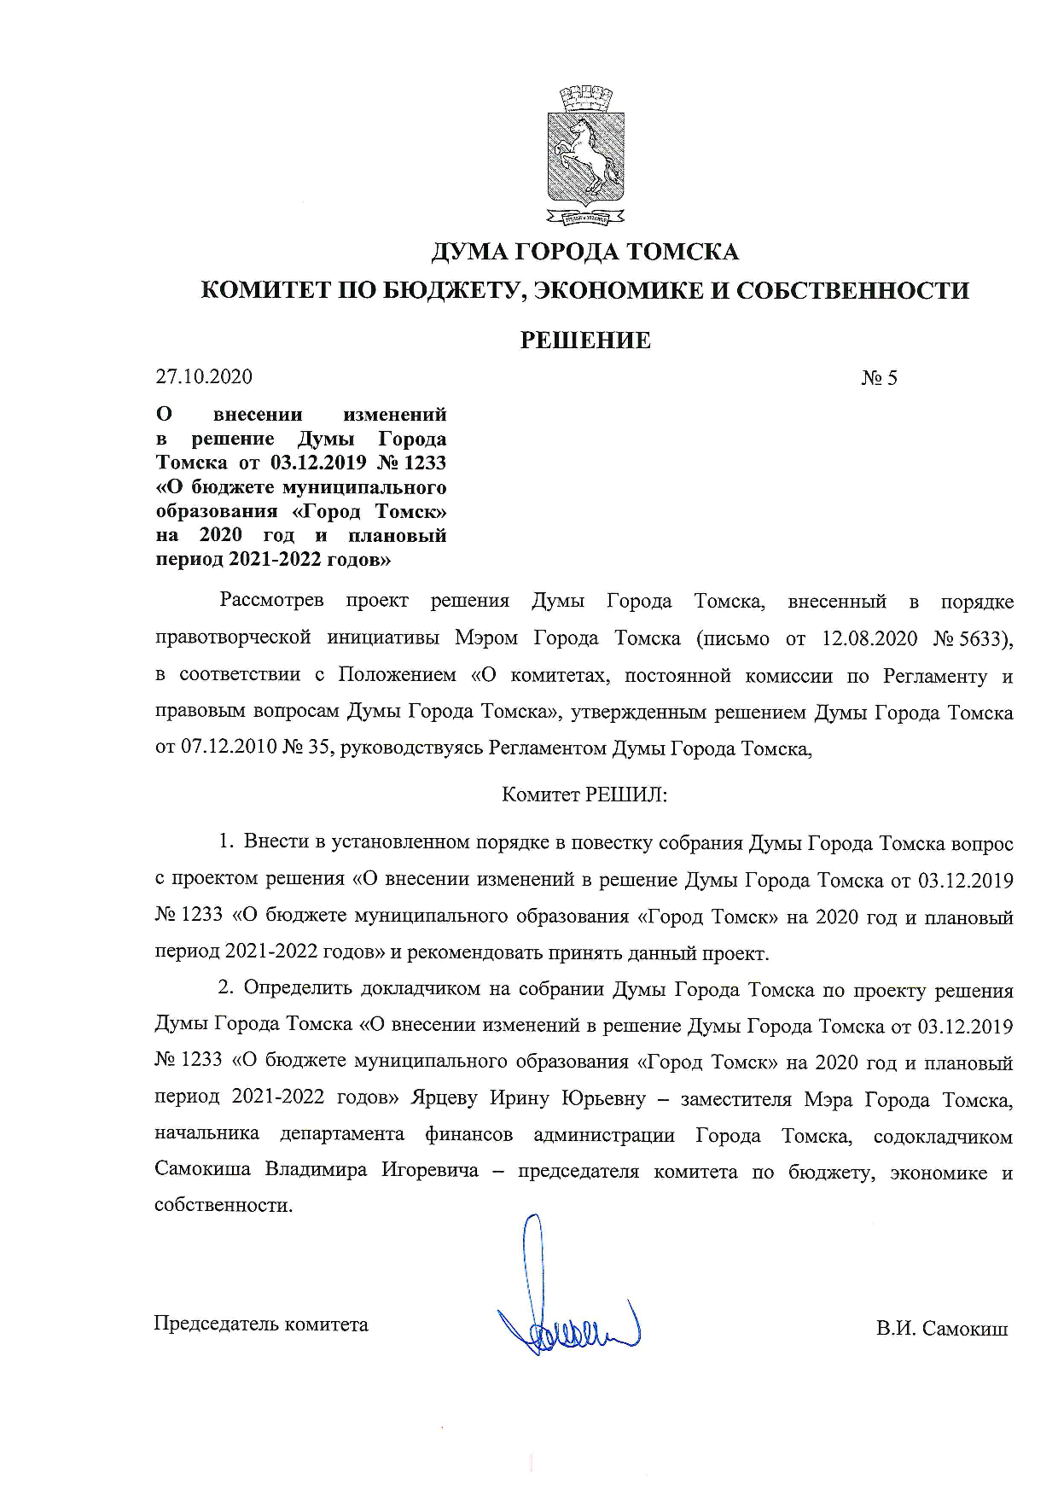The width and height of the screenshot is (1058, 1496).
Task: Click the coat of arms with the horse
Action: (584, 155)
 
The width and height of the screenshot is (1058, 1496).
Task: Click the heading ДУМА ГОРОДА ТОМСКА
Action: (584, 252)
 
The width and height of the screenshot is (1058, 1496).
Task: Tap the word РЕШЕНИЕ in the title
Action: (585, 341)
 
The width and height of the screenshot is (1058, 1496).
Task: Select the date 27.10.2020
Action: (204, 376)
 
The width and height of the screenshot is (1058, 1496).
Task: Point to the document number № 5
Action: (879, 377)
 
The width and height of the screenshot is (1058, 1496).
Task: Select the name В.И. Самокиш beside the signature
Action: (941, 1329)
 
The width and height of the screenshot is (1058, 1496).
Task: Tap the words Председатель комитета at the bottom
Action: (261, 1324)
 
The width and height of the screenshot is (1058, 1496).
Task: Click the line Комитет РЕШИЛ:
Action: (584, 795)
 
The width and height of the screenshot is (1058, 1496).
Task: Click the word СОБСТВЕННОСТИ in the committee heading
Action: (852, 291)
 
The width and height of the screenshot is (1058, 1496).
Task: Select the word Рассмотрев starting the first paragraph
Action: (271, 601)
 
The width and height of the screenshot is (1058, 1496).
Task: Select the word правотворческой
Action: (232, 638)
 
